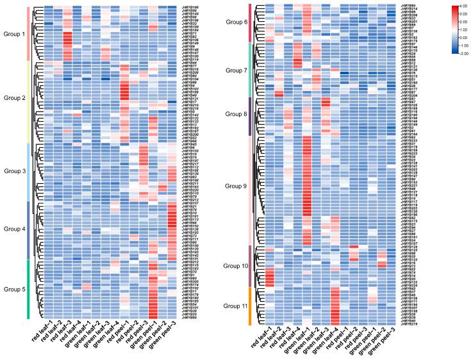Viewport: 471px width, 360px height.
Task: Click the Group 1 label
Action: [14, 33]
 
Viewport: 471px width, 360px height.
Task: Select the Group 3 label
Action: [14, 172]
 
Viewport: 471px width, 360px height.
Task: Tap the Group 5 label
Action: [14, 289]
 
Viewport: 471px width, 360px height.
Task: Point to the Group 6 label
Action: [236, 22]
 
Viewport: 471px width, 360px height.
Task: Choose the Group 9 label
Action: [236, 187]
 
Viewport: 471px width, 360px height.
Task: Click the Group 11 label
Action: [236, 306]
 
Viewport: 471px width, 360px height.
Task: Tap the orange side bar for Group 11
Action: [249, 306]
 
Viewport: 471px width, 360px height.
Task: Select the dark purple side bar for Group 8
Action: [249, 116]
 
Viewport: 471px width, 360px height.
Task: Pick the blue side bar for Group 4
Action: [29, 230]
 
